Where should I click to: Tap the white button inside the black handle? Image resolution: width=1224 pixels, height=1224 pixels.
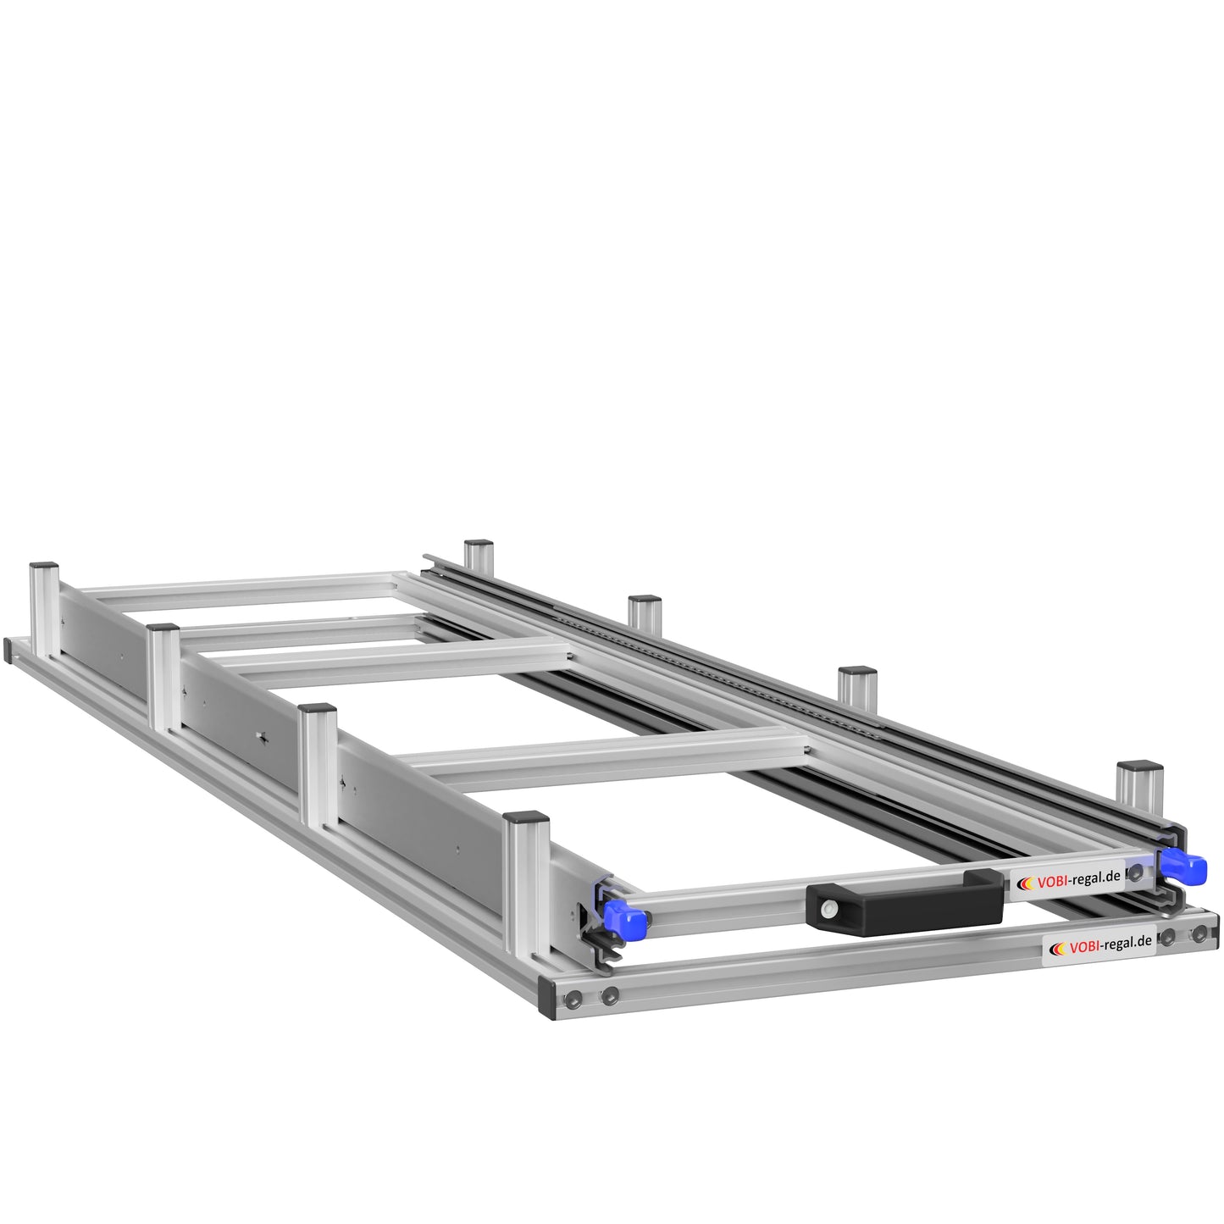click(x=827, y=908)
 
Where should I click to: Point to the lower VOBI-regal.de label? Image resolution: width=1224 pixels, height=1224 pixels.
click(x=1099, y=944)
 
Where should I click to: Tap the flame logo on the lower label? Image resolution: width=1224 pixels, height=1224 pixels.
click(x=1058, y=949)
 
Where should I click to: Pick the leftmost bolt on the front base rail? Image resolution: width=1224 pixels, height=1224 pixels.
click(x=574, y=1000)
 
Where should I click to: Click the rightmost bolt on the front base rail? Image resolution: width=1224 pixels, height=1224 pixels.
click(x=1199, y=934)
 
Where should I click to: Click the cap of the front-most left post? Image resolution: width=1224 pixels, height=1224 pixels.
click(x=527, y=819)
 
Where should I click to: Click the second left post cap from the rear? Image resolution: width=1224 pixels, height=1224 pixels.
click(x=162, y=629)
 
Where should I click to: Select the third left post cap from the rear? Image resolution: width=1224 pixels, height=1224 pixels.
click(x=318, y=709)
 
